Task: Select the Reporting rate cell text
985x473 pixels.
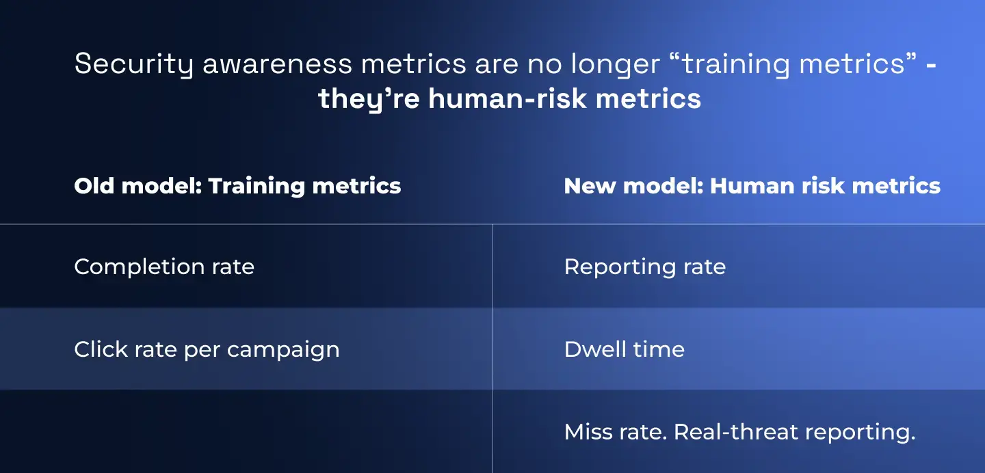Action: [644, 267]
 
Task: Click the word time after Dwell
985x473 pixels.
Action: [657, 349]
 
